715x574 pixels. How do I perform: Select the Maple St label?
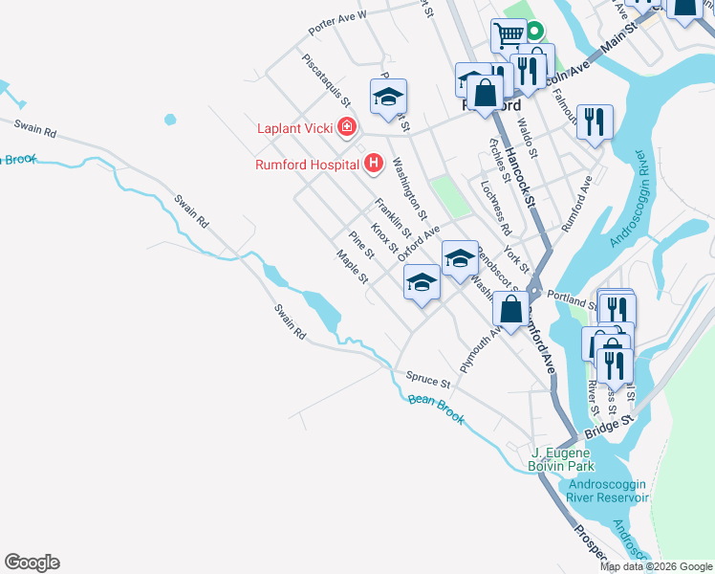(352, 267)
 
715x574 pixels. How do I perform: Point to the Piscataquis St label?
(327, 79)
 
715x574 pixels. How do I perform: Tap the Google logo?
(32, 563)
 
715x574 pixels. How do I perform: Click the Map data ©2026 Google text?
(656, 566)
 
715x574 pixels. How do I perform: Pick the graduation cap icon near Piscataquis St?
(389, 97)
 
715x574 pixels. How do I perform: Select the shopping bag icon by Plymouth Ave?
(511, 309)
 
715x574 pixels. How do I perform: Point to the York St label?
(516, 257)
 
